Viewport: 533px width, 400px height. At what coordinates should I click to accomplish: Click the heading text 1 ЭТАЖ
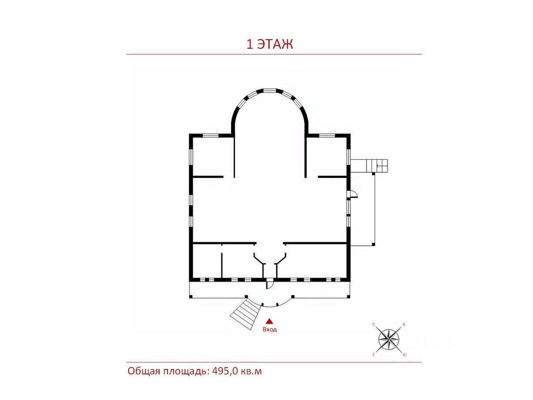[269, 44]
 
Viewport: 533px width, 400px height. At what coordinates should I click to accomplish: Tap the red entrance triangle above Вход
[269, 321]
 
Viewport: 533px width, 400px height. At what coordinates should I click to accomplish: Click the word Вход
[269, 329]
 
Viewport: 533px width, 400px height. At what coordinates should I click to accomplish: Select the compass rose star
[389, 339]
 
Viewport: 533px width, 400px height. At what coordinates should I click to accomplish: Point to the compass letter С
[374, 324]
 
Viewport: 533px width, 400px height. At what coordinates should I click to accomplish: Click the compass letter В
[404, 324]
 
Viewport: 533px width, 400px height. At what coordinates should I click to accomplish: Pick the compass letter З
[373, 354]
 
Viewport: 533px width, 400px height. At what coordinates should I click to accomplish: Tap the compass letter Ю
[404, 355]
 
